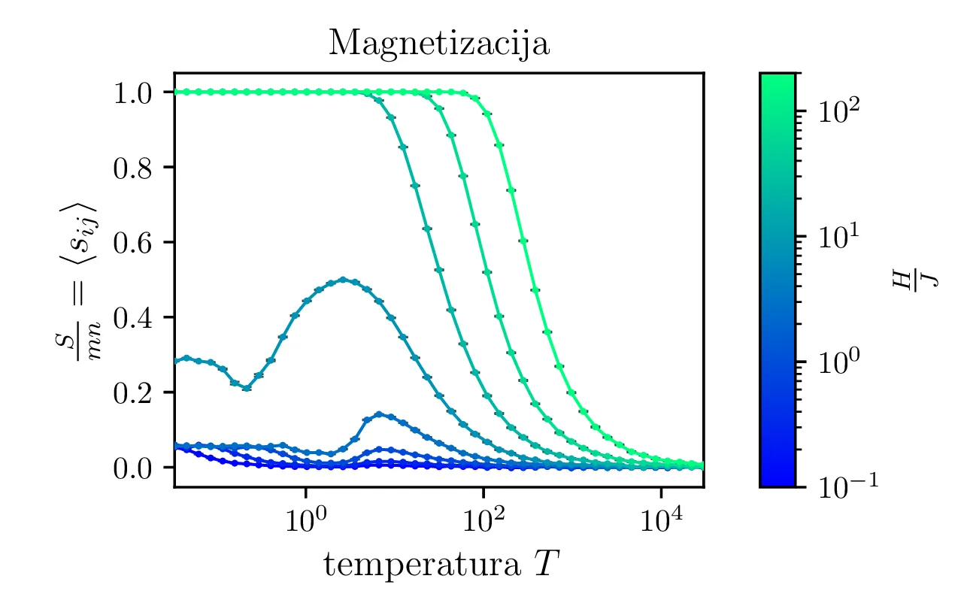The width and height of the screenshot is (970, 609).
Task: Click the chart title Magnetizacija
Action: pos(439,44)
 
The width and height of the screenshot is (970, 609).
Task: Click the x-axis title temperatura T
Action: pos(439,565)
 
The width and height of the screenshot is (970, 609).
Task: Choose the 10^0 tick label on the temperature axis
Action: pos(305,520)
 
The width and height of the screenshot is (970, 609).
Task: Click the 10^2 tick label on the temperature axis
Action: pos(483,520)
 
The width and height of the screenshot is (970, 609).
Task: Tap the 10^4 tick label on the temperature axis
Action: pos(660,520)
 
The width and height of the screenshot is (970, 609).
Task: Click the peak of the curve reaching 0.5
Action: pos(344,280)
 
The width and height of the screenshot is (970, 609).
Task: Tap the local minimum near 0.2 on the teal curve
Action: pos(247,389)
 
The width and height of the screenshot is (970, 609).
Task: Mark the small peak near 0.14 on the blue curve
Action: pos(379,414)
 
